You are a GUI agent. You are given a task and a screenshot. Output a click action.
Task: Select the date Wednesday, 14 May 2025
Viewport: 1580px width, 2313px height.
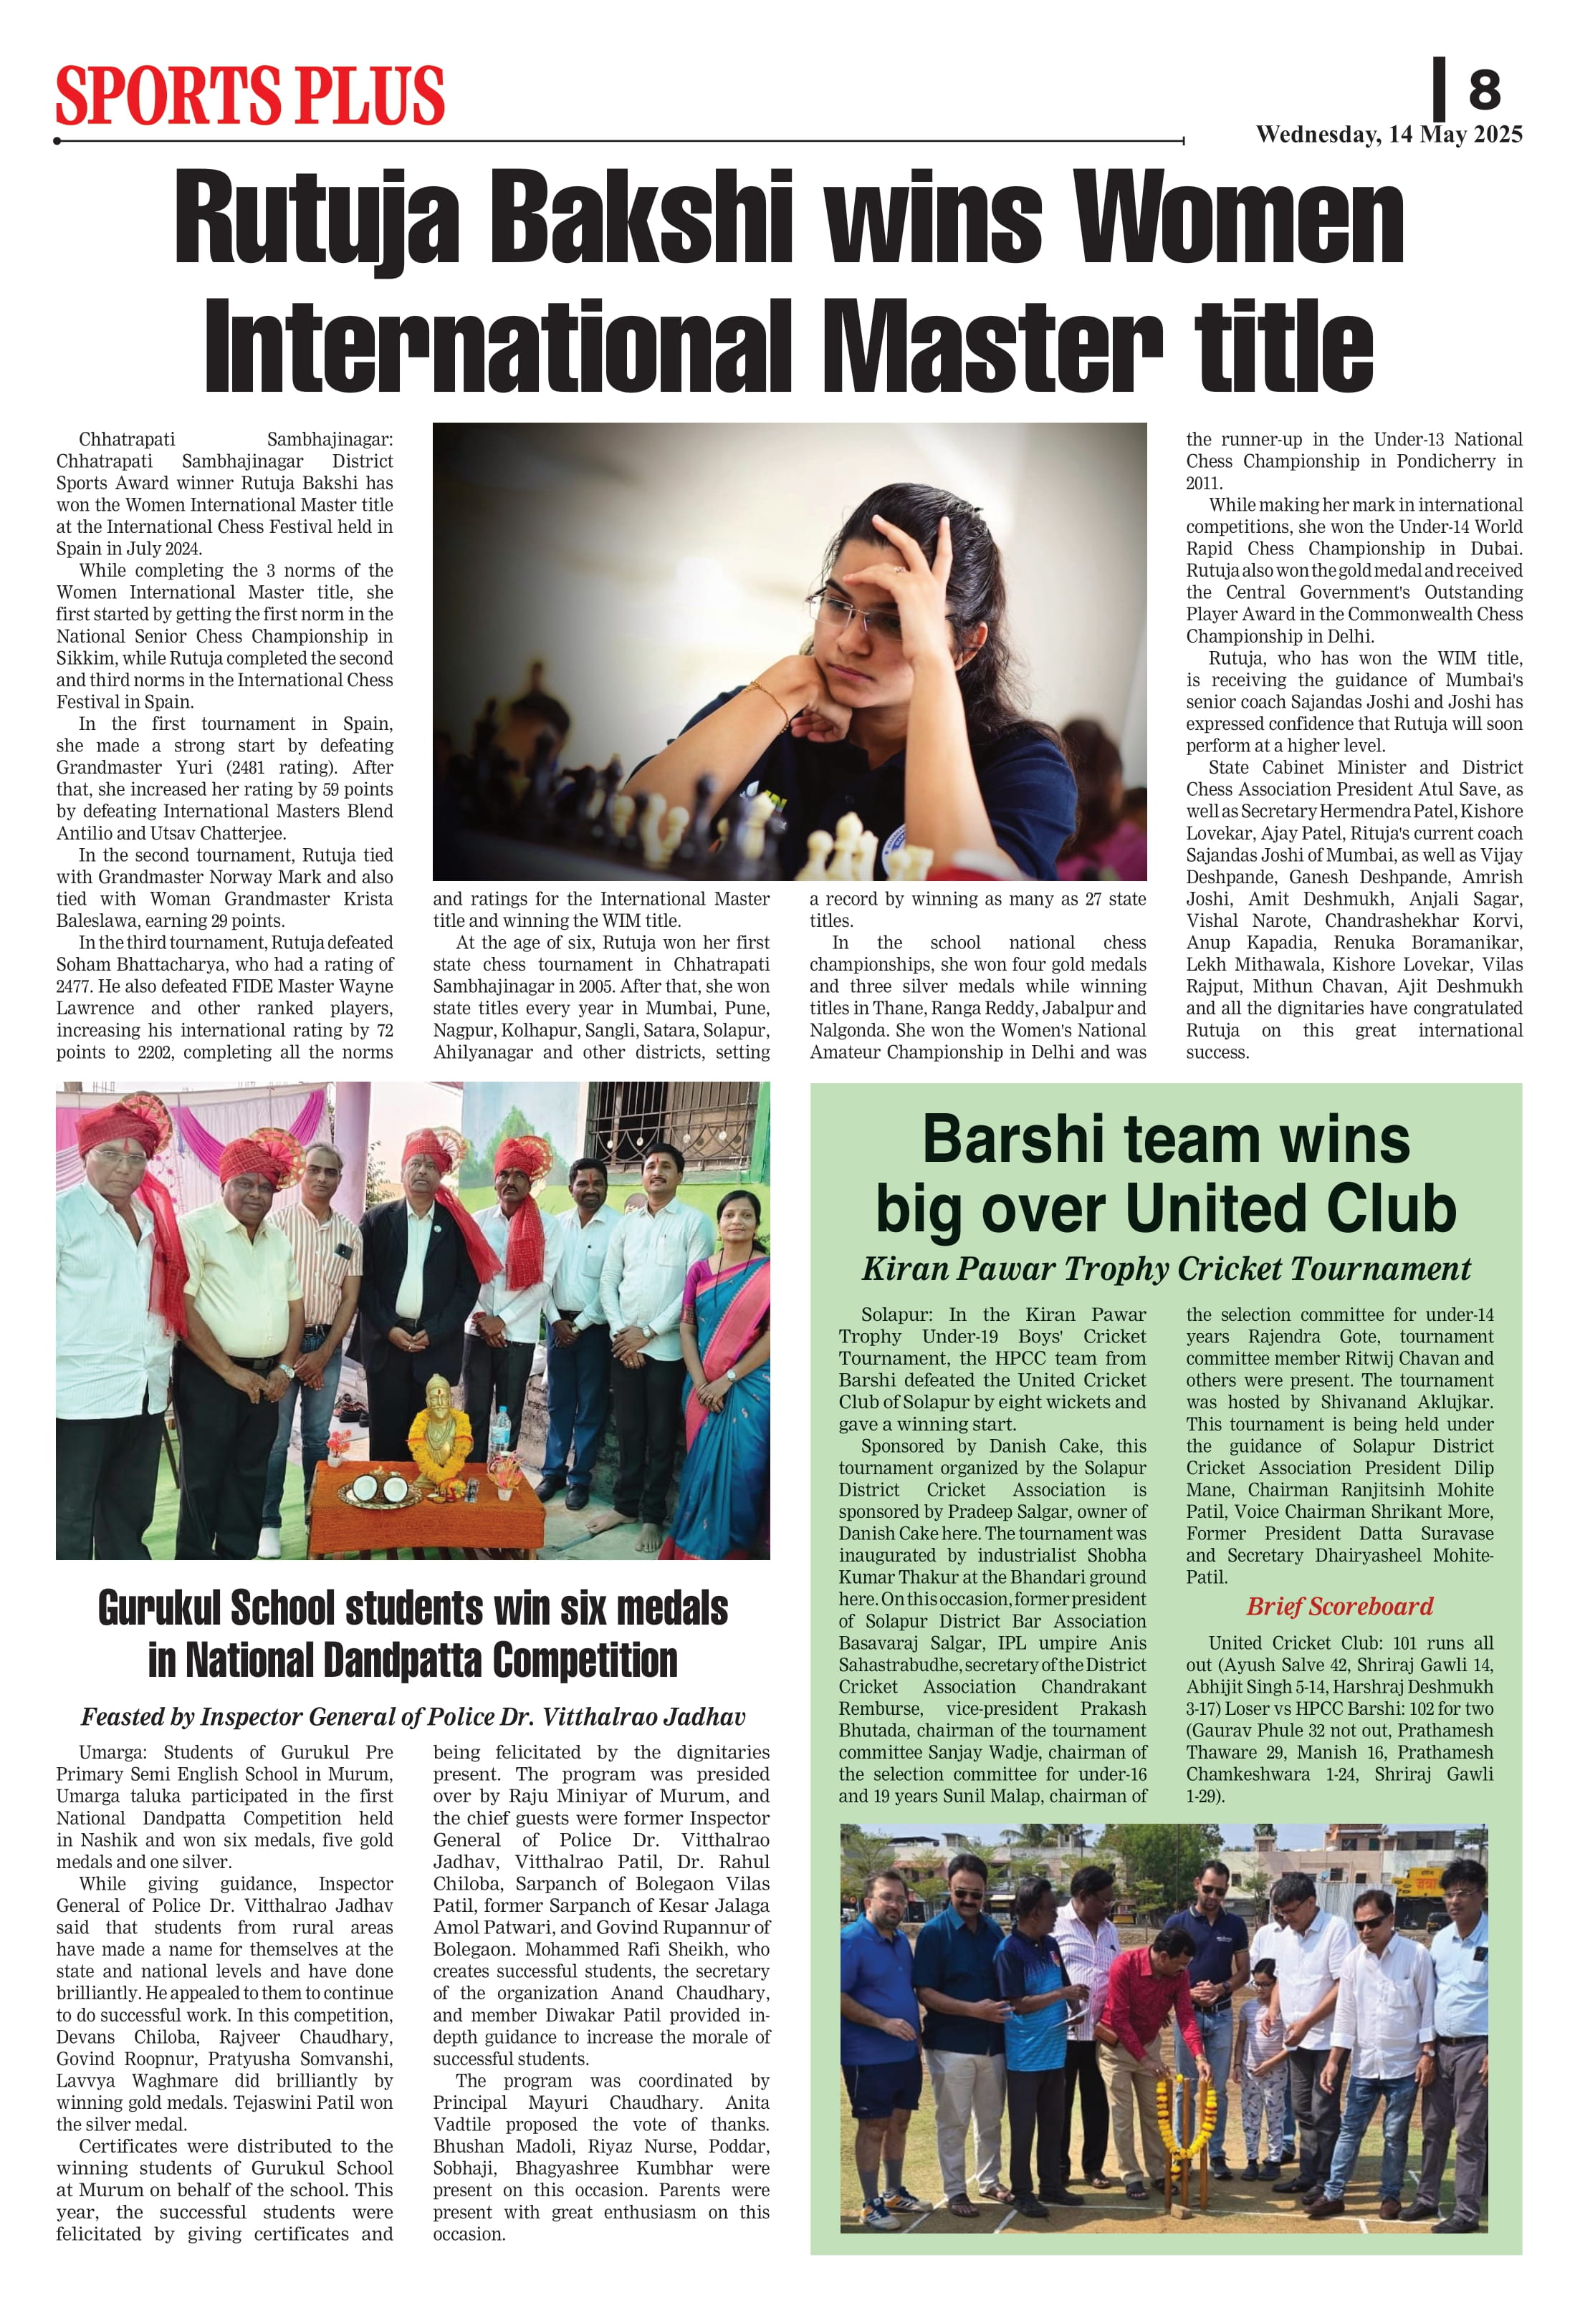[x=1389, y=135]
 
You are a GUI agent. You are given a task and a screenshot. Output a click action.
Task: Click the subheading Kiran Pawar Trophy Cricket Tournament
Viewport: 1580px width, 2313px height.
[x=1166, y=1269]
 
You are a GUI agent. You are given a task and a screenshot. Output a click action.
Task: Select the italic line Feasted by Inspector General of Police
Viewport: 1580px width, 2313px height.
[x=412, y=1717]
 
